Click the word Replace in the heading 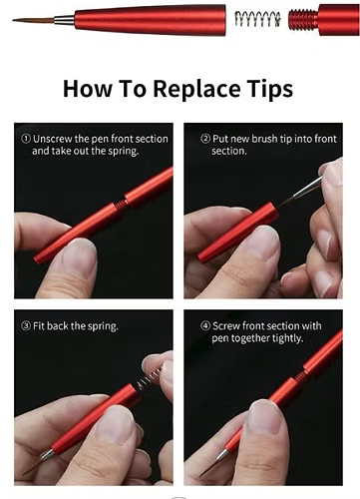click(196, 89)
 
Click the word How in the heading click(88, 89)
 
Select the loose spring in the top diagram click(258, 19)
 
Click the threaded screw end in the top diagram click(303, 20)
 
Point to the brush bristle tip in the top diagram click(33, 21)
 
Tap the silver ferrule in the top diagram click(64, 21)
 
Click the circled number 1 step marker click(26, 139)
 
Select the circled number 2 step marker click(205, 139)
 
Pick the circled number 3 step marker click(26, 326)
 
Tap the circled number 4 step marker click(205, 326)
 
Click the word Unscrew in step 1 click(53, 139)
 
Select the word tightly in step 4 click(288, 339)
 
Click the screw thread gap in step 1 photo click(123, 204)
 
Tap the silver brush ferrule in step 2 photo click(307, 188)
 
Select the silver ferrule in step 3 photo click(48, 454)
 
